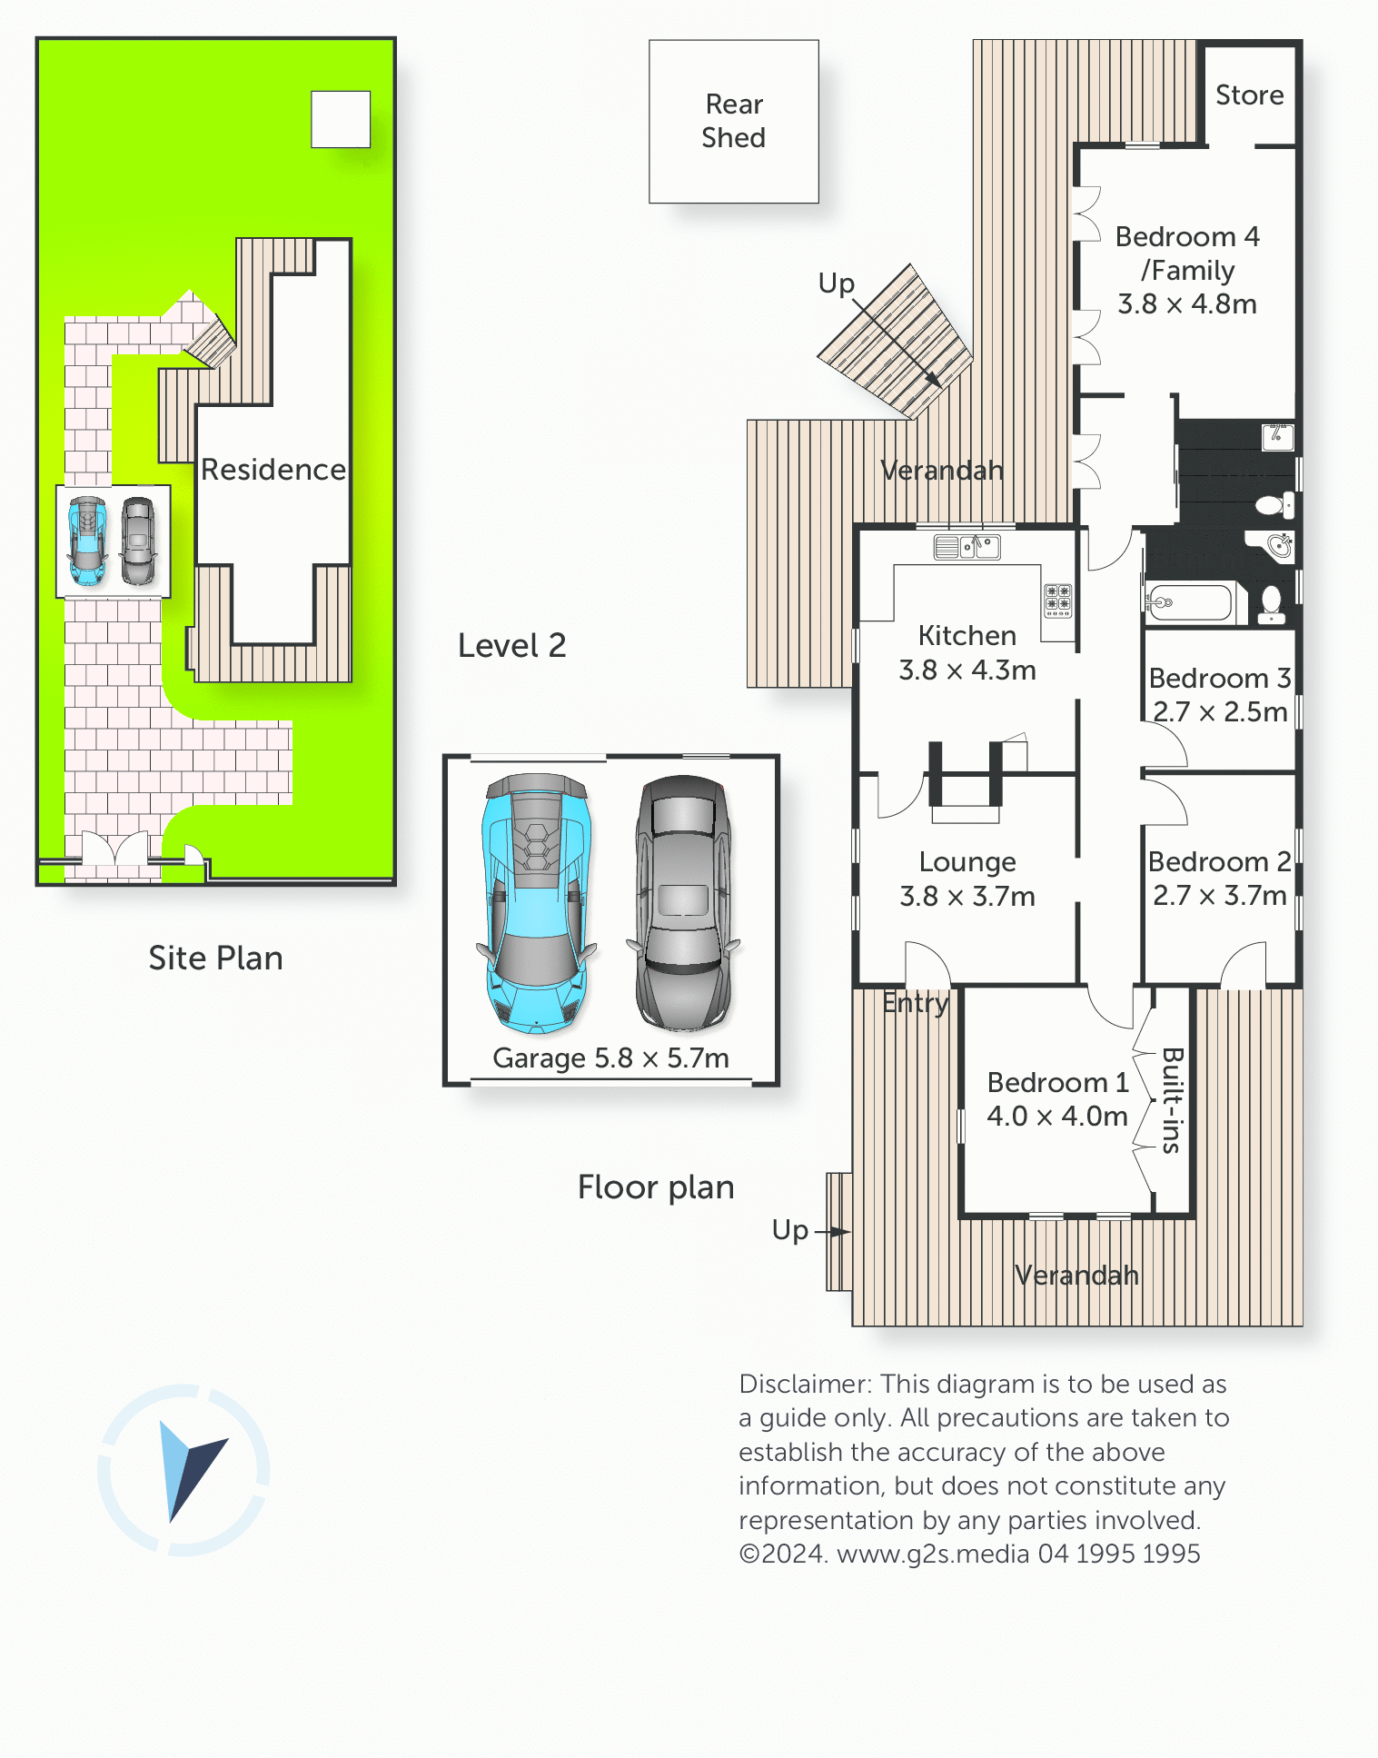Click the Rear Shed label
(x=734, y=121)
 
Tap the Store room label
(x=1250, y=94)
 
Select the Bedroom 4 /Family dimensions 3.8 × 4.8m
(x=1187, y=303)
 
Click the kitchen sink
(x=967, y=547)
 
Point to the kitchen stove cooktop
(x=1058, y=601)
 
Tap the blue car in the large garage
(x=537, y=904)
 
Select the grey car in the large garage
(x=683, y=903)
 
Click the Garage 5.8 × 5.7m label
(x=610, y=1058)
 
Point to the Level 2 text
(x=512, y=645)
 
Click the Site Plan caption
(x=216, y=958)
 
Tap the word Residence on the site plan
(x=273, y=469)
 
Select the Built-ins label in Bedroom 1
(x=1172, y=1100)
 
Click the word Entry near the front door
(x=916, y=1003)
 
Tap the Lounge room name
(x=967, y=861)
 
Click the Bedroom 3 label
(x=1220, y=678)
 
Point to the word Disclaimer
(x=806, y=1384)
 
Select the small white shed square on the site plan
(x=341, y=119)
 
